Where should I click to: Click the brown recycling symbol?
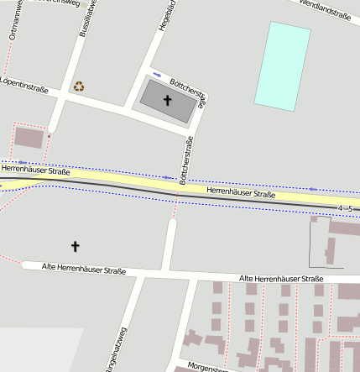79,86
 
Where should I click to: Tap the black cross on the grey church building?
166,101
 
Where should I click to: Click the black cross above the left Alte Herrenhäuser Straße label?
75,246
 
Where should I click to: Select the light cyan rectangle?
283,65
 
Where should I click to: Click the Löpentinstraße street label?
24,87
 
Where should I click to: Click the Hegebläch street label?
165,16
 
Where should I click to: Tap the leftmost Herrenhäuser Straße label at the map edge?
35,170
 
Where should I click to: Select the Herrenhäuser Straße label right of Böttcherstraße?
241,194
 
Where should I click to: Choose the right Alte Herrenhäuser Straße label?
281,278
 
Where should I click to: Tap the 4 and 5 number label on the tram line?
345,207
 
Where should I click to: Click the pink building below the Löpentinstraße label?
29,138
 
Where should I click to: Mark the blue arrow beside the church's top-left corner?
156,73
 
